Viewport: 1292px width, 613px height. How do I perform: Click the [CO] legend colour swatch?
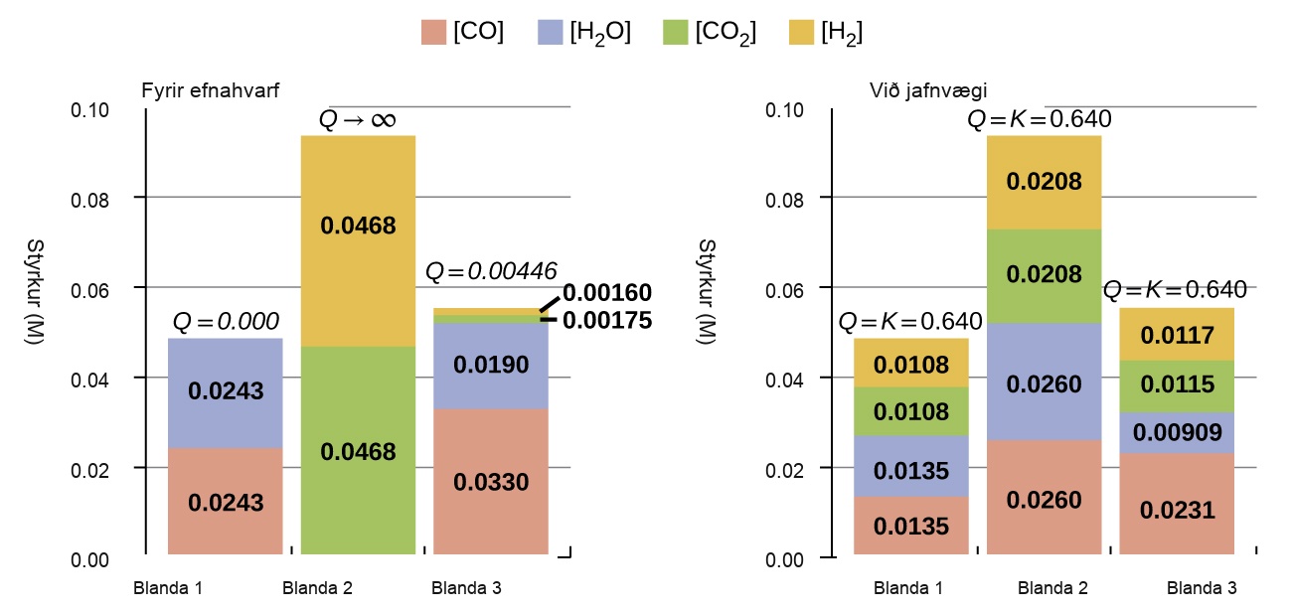pos(433,33)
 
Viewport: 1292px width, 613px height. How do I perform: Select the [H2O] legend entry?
pos(584,33)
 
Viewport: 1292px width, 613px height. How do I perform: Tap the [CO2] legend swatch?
pos(676,33)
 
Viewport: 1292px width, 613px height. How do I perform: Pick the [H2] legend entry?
pos(826,33)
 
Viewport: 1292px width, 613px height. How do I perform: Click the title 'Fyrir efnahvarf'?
pos(210,90)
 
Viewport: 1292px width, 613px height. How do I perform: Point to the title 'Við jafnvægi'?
pos(928,90)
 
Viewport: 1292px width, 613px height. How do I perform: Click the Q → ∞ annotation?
pos(358,119)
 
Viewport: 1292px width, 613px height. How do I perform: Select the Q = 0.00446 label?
pos(491,271)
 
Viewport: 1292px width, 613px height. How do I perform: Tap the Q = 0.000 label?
pos(226,321)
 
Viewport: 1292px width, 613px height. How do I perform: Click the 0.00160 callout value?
pos(607,293)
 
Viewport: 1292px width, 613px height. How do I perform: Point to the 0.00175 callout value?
pos(607,320)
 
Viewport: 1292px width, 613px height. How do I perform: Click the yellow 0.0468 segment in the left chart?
pos(358,241)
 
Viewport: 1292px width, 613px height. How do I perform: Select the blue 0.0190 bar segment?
pos(491,366)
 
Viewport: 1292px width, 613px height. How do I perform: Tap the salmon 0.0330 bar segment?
pos(491,482)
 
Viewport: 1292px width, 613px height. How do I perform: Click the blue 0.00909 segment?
pos(1177,432)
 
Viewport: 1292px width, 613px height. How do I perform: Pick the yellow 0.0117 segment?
pos(1177,335)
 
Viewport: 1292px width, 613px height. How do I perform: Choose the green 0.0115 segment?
pos(1177,386)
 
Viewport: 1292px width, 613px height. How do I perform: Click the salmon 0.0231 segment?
pos(1177,504)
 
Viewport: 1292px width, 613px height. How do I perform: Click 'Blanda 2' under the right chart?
pos(1052,588)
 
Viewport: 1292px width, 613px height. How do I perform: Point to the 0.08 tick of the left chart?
pos(90,201)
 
